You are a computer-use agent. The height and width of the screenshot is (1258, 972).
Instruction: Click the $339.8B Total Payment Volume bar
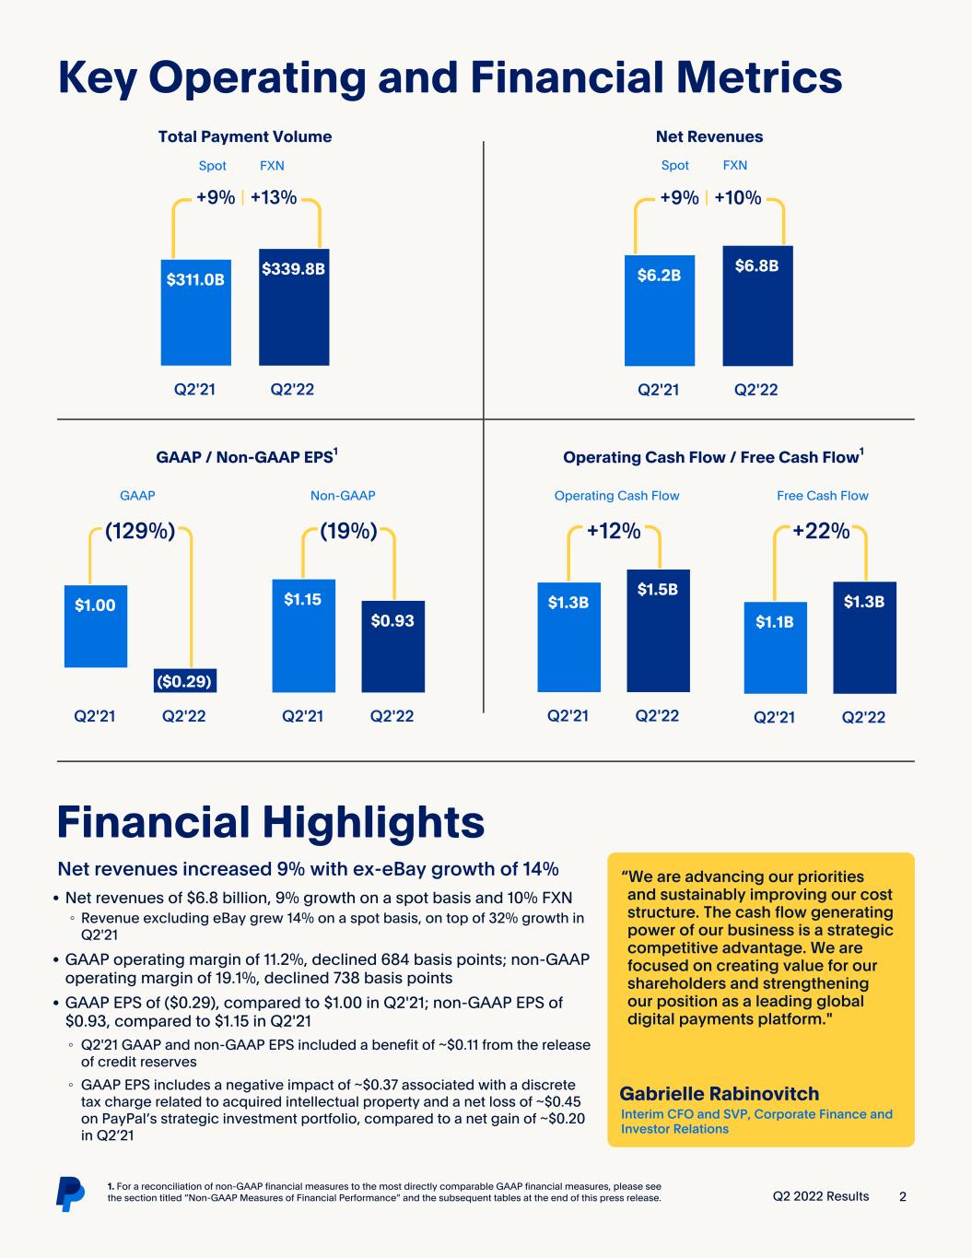click(x=294, y=307)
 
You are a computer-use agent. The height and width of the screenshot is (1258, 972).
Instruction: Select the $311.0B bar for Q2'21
click(x=195, y=312)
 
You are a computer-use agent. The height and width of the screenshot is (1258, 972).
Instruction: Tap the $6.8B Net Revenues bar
click(x=757, y=306)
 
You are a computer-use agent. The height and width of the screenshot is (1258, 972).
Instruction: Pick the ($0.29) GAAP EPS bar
click(x=185, y=680)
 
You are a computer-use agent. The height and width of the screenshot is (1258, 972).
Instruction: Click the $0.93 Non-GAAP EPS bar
click(x=392, y=646)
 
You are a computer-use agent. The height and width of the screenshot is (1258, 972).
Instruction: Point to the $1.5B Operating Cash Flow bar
click(x=658, y=630)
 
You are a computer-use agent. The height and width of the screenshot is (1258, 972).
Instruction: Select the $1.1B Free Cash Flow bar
click(x=775, y=647)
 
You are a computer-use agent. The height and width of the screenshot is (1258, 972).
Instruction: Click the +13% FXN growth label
click(x=274, y=198)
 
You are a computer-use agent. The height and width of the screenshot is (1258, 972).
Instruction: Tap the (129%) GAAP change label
click(x=140, y=531)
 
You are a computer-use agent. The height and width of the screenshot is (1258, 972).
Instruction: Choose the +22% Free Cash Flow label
click(x=821, y=531)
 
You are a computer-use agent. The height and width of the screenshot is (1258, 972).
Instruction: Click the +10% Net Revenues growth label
click(x=738, y=198)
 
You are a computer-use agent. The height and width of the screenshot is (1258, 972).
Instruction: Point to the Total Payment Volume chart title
click(x=245, y=136)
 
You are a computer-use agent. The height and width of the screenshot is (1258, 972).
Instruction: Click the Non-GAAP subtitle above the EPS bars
click(x=343, y=496)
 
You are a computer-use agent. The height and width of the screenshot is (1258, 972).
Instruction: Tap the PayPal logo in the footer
click(x=70, y=1193)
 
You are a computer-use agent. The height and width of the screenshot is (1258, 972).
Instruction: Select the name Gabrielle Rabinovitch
click(x=720, y=1094)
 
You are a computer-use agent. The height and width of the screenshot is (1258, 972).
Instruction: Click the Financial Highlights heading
click(x=271, y=822)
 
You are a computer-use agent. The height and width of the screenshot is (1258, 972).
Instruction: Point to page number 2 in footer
click(x=903, y=1196)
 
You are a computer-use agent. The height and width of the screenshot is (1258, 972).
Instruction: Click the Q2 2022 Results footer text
click(x=821, y=1196)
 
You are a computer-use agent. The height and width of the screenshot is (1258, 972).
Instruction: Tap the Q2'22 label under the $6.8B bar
click(x=756, y=390)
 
